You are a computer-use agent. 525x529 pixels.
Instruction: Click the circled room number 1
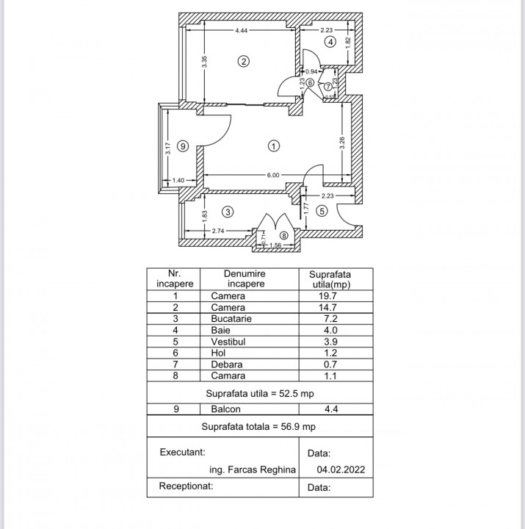coord(273,145)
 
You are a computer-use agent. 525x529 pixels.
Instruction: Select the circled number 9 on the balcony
coord(183,145)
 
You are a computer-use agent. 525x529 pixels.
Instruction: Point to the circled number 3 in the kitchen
coord(228,212)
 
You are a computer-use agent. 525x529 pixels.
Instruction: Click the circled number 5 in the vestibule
coord(322,212)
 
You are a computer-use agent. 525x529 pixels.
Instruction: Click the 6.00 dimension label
coord(272,175)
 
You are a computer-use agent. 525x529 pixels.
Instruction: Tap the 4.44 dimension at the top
coord(241,31)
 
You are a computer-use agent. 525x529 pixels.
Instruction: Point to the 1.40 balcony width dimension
coord(178,180)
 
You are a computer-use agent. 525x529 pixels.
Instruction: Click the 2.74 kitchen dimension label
coord(218,231)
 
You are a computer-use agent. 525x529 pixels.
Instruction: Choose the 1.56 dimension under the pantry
coord(276,245)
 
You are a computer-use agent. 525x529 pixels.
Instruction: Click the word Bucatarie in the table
coord(231,319)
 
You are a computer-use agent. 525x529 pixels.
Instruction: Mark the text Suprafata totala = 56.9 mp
coord(259,426)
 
